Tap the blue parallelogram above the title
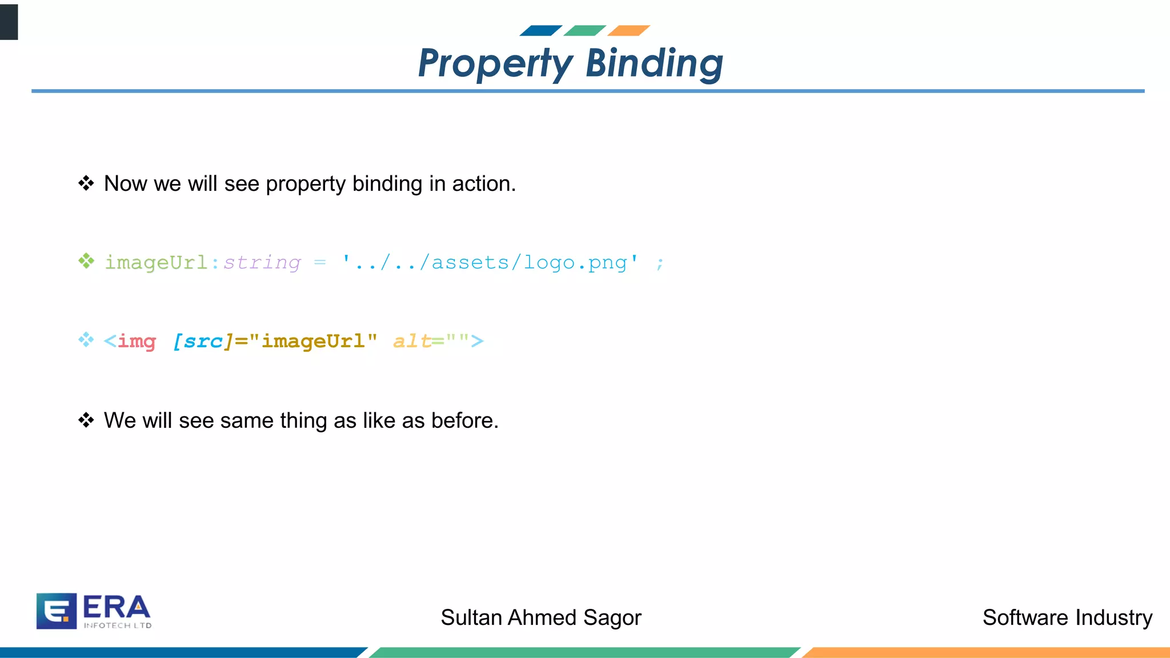pos(540,30)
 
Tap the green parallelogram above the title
pos(584,30)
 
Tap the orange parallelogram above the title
pos(628,30)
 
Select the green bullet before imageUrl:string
pos(86,261)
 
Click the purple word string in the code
pos(262,262)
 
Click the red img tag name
pos(137,341)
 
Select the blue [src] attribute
pos(203,341)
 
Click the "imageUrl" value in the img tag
pos(313,341)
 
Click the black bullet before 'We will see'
pos(86,420)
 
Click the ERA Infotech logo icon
pos(57,611)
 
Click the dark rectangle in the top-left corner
pos(9,22)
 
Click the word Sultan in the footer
pos(471,618)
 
